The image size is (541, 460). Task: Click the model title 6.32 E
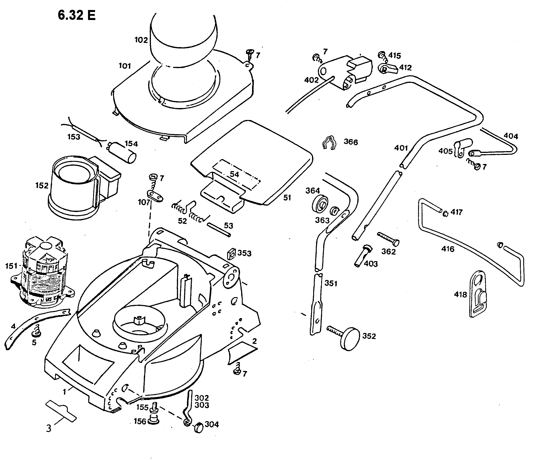(x=77, y=15)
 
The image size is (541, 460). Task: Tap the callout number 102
(x=141, y=40)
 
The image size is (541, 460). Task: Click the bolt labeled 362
(x=388, y=239)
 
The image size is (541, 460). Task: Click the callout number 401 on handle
(x=401, y=148)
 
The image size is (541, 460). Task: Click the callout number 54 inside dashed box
(x=234, y=174)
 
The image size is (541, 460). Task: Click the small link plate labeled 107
(x=155, y=196)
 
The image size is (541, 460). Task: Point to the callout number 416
(x=448, y=249)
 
